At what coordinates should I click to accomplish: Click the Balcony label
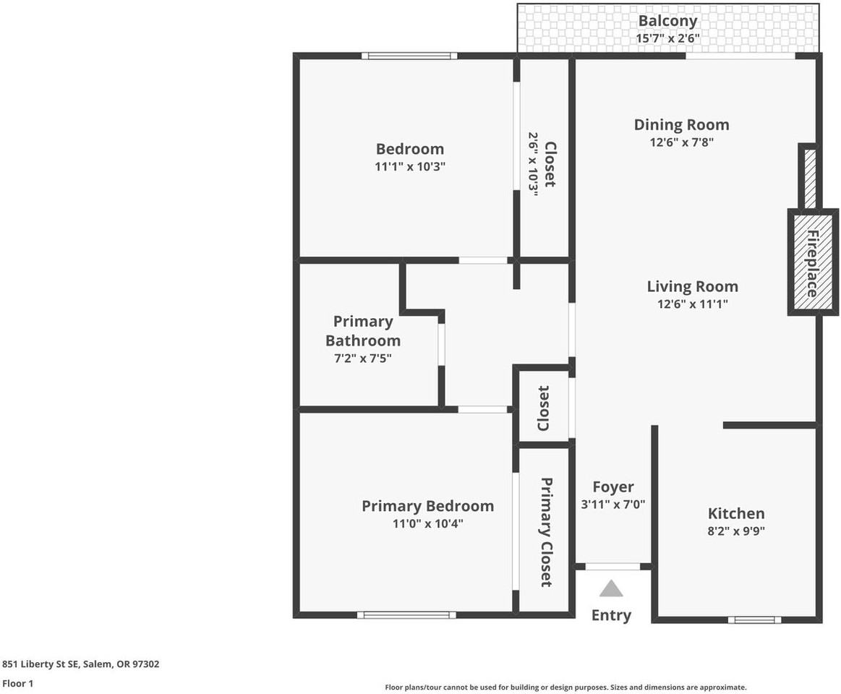coord(667,21)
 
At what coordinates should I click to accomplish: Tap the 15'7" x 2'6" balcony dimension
coord(667,38)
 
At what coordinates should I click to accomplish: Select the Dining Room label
coord(681,124)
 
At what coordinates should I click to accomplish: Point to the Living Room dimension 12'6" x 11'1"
coord(692,304)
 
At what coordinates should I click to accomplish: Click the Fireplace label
coord(812,263)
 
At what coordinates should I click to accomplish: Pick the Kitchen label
coord(735,513)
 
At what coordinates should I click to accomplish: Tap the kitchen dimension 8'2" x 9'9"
coord(735,531)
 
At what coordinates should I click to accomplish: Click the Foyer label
coord(612,487)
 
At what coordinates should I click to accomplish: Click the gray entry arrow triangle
coord(611,588)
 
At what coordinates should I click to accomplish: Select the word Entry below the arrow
coord(611,615)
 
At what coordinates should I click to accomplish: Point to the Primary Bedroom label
coord(427,506)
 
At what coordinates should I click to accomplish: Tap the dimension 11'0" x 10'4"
coord(427,523)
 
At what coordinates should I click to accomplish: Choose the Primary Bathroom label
coord(363,331)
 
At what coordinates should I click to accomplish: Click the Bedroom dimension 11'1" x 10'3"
coord(409,166)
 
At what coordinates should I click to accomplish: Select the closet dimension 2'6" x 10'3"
coord(534,164)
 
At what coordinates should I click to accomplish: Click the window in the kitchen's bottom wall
coord(754,620)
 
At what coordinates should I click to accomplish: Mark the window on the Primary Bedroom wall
coord(406,615)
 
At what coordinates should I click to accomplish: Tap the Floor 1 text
coord(18,683)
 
